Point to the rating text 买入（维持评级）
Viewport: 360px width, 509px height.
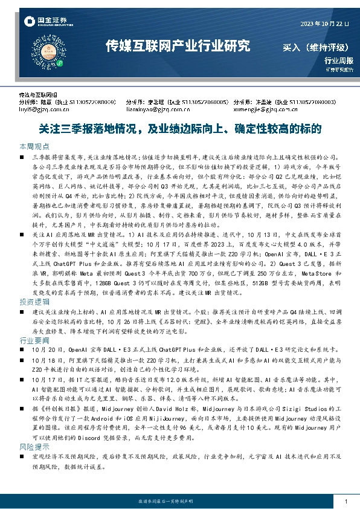pyautogui.click(x=315, y=47)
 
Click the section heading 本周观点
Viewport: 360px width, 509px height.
pyautogui.click(x=34, y=147)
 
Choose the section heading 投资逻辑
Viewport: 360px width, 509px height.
pyautogui.click(x=34, y=300)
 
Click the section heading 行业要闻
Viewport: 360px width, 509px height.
pyautogui.click(x=34, y=341)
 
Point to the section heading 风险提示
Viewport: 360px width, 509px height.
pyautogui.click(x=34, y=446)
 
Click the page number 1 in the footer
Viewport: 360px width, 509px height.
pyautogui.click(x=345, y=502)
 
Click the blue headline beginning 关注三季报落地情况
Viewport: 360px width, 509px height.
pyautogui.click(x=179, y=129)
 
